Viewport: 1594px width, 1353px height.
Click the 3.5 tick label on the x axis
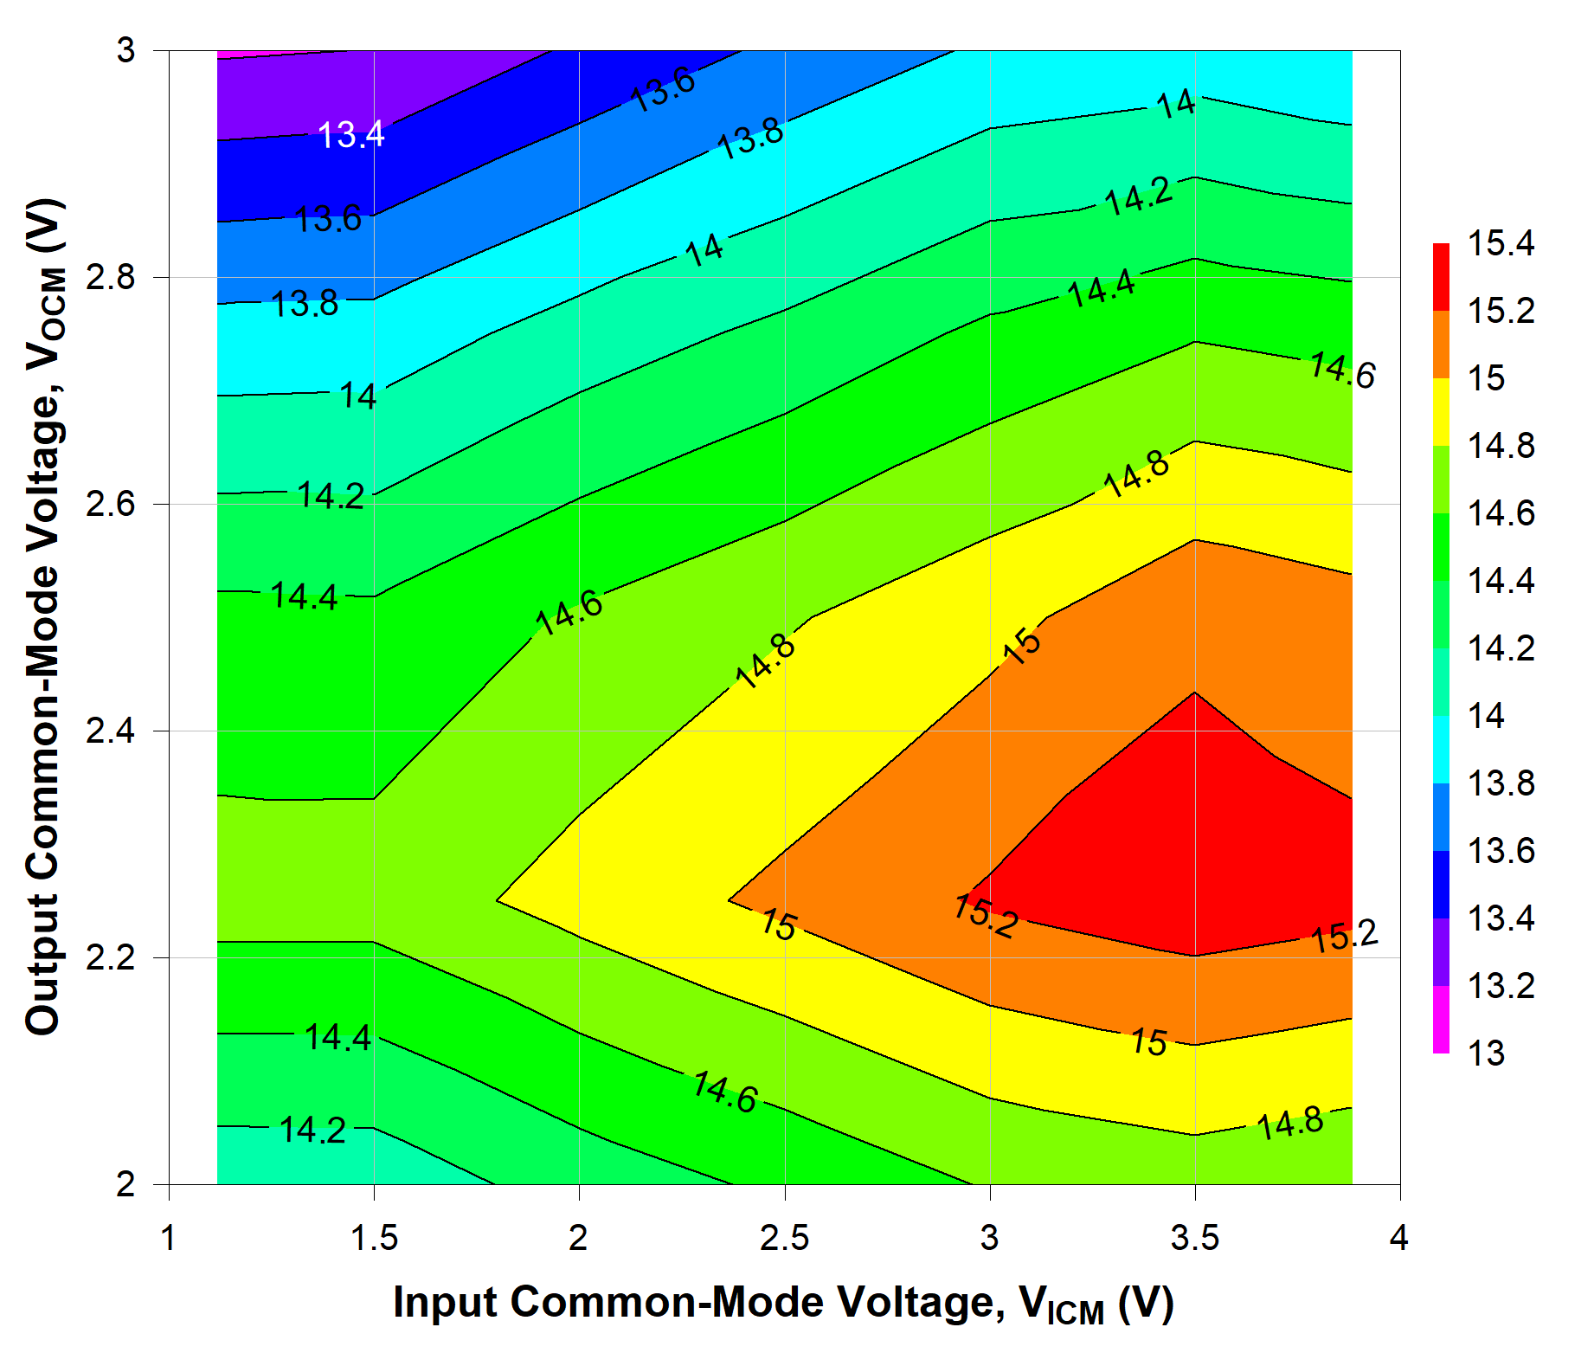coord(1194,1238)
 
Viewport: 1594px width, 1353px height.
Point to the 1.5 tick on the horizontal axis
coord(374,1238)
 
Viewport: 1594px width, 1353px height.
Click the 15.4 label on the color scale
coord(1501,243)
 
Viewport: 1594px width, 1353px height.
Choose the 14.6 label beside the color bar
coord(1501,513)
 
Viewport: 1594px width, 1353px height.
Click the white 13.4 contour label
coord(350,135)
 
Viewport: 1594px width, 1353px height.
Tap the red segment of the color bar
coord(1441,277)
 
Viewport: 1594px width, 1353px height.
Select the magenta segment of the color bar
coord(1441,1020)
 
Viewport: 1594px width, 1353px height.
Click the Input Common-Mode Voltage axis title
coord(783,1303)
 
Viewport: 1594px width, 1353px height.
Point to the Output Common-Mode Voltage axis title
coord(43,616)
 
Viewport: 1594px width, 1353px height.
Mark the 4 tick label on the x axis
coord(1398,1238)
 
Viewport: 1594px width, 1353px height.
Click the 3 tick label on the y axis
coord(126,51)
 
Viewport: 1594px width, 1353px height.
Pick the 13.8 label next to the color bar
coord(1501,783)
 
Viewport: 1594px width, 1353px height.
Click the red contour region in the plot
coord(1212,848)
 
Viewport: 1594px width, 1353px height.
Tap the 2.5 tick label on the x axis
coord(784,1238)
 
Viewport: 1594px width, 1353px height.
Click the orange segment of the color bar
coord(1441,345)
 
